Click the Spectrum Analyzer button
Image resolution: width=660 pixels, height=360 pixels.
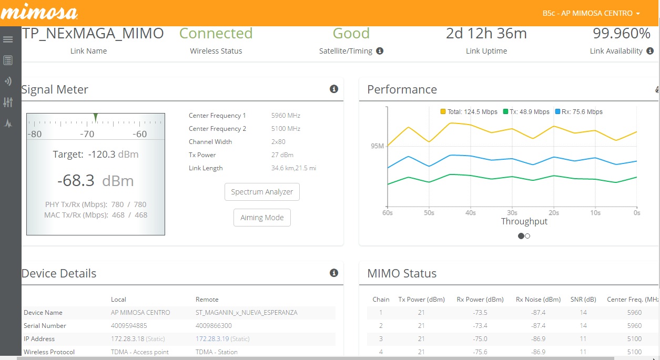[262, 192]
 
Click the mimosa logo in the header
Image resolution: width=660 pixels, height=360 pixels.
[39, 12]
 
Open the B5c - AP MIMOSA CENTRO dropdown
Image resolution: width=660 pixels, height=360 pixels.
[591, 13]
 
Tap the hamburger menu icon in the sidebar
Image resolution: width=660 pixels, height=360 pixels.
[8, 39]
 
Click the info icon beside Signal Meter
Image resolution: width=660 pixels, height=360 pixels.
[333, 89]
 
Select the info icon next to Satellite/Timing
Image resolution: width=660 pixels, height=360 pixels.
[380, 52]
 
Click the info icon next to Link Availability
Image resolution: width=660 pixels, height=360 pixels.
[650, 52]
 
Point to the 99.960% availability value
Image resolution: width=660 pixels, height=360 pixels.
[622, 34]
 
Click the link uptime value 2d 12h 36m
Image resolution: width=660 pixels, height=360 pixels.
[486, 34]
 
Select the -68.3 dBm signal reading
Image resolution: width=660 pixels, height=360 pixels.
[96, 181]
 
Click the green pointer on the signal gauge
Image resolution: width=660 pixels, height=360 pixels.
[95, 117]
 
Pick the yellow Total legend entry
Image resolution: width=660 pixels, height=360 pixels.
[469, 112]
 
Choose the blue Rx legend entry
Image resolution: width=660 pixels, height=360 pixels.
[579, 112]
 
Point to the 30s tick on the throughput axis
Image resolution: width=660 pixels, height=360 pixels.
[512, 213]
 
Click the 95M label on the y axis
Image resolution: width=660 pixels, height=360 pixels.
[377, 146]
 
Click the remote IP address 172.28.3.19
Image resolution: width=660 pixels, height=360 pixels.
[212, 339]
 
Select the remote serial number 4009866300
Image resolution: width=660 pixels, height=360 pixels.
[214, 326]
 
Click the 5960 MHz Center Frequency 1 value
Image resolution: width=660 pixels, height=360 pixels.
[286, 116]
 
